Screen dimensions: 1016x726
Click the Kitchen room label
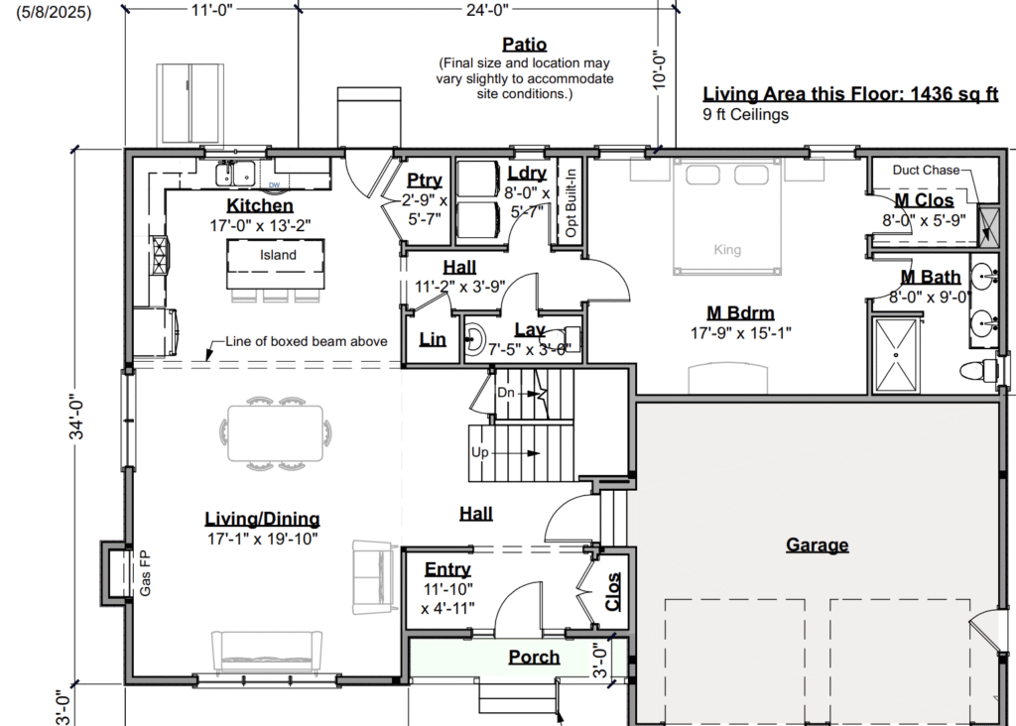(260, 205)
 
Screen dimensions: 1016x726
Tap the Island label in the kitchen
(278, 255)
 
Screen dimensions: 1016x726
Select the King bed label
(727, 249)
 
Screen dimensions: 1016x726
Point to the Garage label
(818, 544)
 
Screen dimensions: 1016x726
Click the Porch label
(534, 657)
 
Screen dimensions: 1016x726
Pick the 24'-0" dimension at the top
(487, 10)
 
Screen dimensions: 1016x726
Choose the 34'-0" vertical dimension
(77, 418)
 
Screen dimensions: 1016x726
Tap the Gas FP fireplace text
(145, 573)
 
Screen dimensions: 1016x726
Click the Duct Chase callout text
(926, 170)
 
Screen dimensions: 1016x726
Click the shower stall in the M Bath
(896, 355)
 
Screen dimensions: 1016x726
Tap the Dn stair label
(505, 393)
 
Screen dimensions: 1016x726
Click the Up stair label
(479, 452)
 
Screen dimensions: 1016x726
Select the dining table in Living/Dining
(276, 432)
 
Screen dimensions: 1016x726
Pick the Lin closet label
(433, 339)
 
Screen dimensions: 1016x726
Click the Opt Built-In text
(571, 202)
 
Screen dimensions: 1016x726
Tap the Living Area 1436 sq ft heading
(850, 94)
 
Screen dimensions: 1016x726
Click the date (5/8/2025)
(54, 12)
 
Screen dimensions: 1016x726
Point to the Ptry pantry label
(425, 181)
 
